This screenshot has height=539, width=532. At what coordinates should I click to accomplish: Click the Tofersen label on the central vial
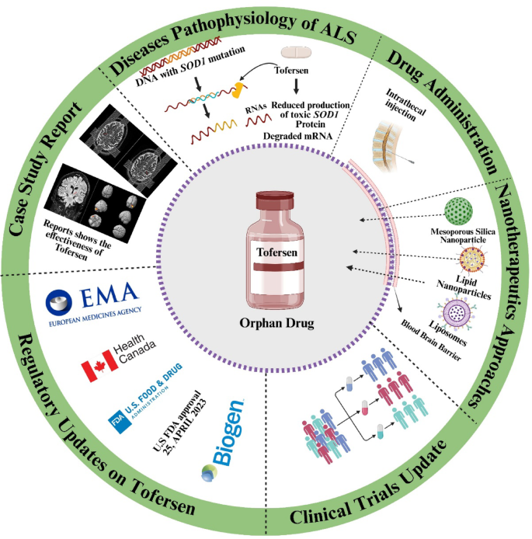coord(277,252)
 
